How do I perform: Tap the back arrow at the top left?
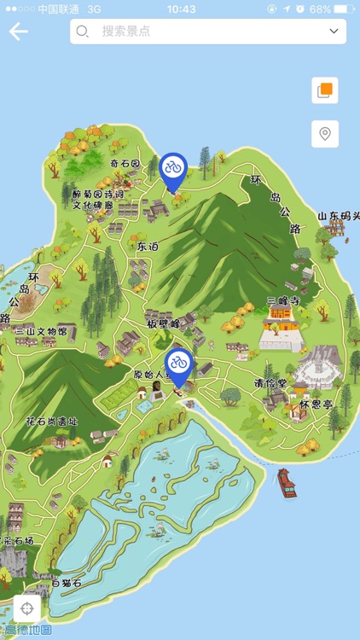coord(18,32)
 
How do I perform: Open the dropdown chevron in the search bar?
coord(334,32)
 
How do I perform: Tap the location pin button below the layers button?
coord(324,134)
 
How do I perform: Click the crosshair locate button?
coord(27,608)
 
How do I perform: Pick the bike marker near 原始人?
coord(178,364)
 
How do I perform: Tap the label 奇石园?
coord(125,163)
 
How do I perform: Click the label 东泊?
coord(148,246)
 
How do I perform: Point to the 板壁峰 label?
coord(163,324)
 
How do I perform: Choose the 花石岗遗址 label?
coord(52,422)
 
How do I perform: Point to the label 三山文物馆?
coord(40,331)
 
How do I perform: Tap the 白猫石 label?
coord(67,584)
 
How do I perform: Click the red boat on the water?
coord(287,484)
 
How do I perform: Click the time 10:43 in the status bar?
coord(181,9)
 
